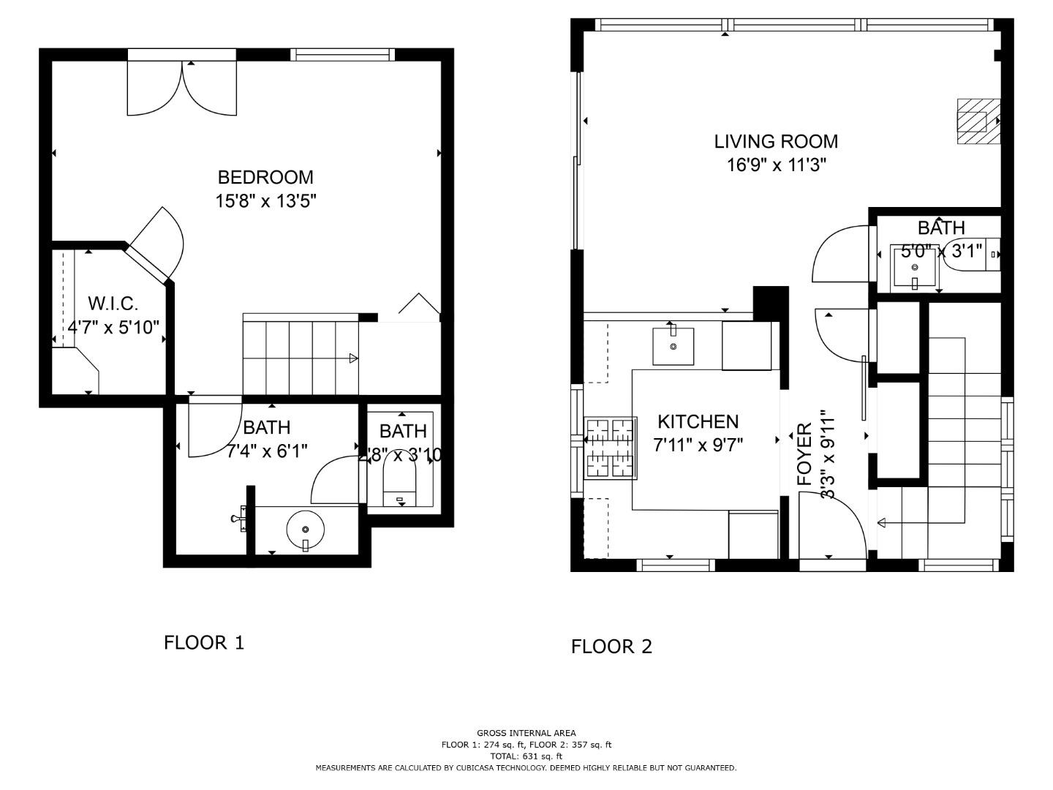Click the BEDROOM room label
tap(265, 177)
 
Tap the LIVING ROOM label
tap(776, 141)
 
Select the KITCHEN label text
tap(698, 421)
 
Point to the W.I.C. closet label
tap(113, 304)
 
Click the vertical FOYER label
tap(804, 454)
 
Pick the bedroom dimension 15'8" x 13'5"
tap(265, 200)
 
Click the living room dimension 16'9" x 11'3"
tap(776, 165)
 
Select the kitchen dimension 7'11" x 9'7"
tap(698, 445)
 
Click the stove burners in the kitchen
tap(611, 448)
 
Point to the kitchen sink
tap(673, 345)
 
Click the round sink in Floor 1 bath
tap(305, 530)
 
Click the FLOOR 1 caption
tap(204, 642)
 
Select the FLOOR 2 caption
tap(611, 646)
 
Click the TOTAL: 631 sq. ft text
tap(526, 756)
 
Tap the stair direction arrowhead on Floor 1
tap(353, 358)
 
